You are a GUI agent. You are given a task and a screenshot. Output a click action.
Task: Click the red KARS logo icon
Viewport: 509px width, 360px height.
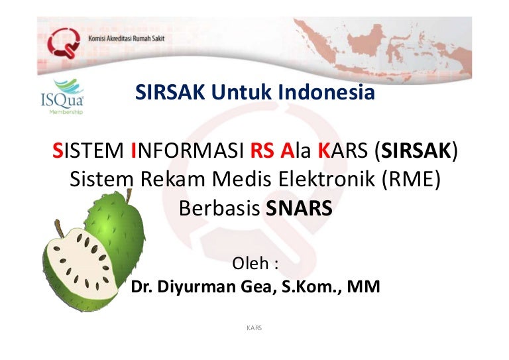click(64, 44)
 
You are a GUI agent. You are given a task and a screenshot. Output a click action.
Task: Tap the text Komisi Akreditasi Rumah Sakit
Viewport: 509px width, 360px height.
click(127, 38)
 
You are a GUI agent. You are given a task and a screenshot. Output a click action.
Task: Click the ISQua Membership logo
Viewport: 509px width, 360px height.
click(62, 97)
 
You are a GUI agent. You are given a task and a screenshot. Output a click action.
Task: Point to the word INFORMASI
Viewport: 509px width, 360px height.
click(187, 151)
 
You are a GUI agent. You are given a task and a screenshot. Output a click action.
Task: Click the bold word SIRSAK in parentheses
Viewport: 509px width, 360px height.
click(416, 151)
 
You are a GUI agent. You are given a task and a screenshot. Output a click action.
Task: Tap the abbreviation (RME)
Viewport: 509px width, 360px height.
click(411, 179)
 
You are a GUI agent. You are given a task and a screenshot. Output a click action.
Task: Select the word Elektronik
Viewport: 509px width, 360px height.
click(326, 179)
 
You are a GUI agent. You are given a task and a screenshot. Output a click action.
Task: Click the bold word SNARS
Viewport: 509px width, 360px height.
click(299, 208)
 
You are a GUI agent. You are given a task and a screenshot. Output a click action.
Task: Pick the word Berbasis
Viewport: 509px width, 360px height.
click(219, 208)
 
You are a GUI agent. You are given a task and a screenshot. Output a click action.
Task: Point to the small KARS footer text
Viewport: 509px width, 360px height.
click(254, 328)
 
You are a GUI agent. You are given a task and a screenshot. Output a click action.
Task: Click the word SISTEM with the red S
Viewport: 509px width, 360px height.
click(88, 151)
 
